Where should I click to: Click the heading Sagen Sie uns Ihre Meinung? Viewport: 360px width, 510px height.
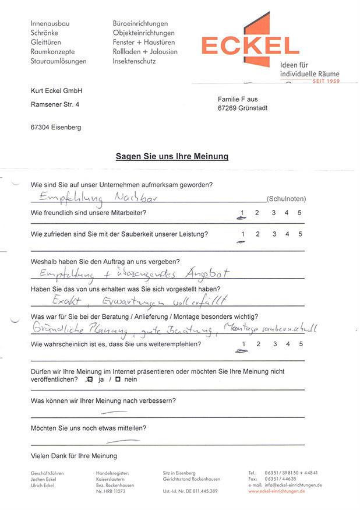pyautogui.click(x=172, y=156)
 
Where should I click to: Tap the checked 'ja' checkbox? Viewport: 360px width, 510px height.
pyautogui.click(x=89, y=379)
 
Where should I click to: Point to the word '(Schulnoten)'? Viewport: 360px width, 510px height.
pyautogui.click(x=285, y=199)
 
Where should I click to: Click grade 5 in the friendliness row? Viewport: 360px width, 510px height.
pyautogui.click(x=300, y=213)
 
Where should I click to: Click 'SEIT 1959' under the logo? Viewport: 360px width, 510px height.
pyautogui.click(x=326, y=81)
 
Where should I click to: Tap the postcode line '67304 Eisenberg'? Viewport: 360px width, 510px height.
pyautogui.click(x=56, y=127)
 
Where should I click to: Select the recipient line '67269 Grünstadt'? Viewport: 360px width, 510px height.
pyautogui.click(x=243, y=108)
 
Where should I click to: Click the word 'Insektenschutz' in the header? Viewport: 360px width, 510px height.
pyautogui.click(x=135, y=61)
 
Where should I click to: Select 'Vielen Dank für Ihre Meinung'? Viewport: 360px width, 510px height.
pyautogui.click(x=73, y=456)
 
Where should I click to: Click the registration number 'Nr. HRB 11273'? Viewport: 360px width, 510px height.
pyautogui.click(x=111, y=491)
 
